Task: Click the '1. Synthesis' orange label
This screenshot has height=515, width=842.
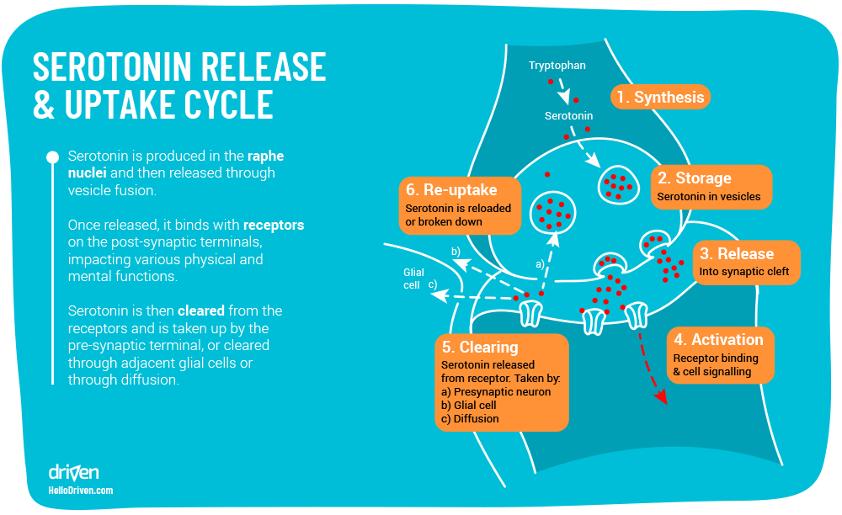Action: click(x=660, y=97)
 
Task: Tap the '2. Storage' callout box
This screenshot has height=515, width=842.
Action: click(x=711, y=187)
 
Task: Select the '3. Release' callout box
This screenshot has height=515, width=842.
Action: click(x=744, y=262)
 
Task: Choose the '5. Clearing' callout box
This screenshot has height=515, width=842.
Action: click(x=502, y=382)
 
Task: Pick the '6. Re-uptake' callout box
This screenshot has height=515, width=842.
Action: click(x=460, y=204)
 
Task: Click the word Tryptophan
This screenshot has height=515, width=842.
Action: click(x=557, y=66)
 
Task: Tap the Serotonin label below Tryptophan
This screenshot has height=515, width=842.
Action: click(x=568, y=116)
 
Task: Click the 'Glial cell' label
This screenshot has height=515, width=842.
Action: click(x=413, y=279)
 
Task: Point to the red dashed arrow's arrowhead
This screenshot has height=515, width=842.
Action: click(x=661, y=396)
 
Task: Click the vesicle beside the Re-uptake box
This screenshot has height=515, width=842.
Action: click(x=552, y=211)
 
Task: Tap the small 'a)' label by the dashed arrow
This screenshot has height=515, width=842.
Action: click(x=540, y=263)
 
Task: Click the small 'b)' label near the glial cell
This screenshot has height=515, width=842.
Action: click(x=456, y=252)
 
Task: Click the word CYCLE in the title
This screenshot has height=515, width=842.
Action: click(x=226, y=104)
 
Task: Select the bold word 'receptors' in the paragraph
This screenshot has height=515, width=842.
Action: click(x=274, y=226)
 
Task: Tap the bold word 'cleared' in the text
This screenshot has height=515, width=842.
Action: click(x=200, y=311)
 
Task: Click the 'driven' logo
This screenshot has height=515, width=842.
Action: click(x=73, y=471)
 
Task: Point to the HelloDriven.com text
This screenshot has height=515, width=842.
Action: click(x=81, y=491)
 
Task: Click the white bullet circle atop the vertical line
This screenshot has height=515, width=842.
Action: click(x=52, y=157)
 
